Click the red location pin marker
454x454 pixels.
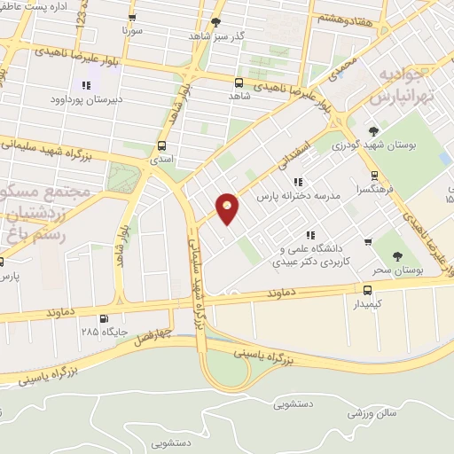coord(229,208)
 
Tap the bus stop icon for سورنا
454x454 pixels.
coord(132,18)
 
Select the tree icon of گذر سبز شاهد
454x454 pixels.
coord(215,22)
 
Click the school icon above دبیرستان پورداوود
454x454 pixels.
coord(86,85)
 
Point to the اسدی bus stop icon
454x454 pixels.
coord(161,145)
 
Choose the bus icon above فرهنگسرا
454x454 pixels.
coord(375,175)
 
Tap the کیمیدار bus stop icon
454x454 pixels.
coord(367,289)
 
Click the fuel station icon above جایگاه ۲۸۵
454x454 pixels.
coord(105,319)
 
